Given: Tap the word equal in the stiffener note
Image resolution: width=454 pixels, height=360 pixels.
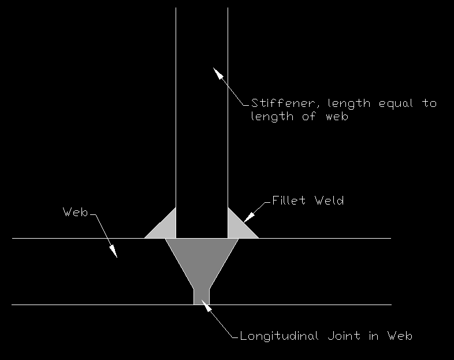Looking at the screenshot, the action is (x=396, y=103).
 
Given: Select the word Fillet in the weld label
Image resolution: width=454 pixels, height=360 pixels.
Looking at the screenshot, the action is (x=289, y=201).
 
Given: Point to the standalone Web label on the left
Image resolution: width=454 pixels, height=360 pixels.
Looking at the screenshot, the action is (x=75, y=212).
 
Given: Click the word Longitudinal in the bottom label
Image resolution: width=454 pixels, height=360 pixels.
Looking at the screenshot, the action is (x=280, y=336).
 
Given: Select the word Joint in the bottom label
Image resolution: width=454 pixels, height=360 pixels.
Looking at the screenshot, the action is (x=344, y=336).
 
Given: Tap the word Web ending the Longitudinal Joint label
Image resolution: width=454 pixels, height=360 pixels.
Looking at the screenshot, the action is (x=400, y=336).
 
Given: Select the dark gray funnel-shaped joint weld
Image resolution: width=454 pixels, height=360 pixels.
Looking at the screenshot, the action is (x=202, y=261).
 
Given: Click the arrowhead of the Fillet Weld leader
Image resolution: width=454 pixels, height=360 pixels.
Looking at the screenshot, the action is (x=249, y=218).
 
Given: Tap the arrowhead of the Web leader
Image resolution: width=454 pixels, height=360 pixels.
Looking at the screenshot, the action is (x=113, y=251).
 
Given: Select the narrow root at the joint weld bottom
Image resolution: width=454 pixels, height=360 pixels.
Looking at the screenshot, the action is (x=202, y=297).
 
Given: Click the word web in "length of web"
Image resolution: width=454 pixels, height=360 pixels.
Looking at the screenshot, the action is (x=337, y=116).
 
